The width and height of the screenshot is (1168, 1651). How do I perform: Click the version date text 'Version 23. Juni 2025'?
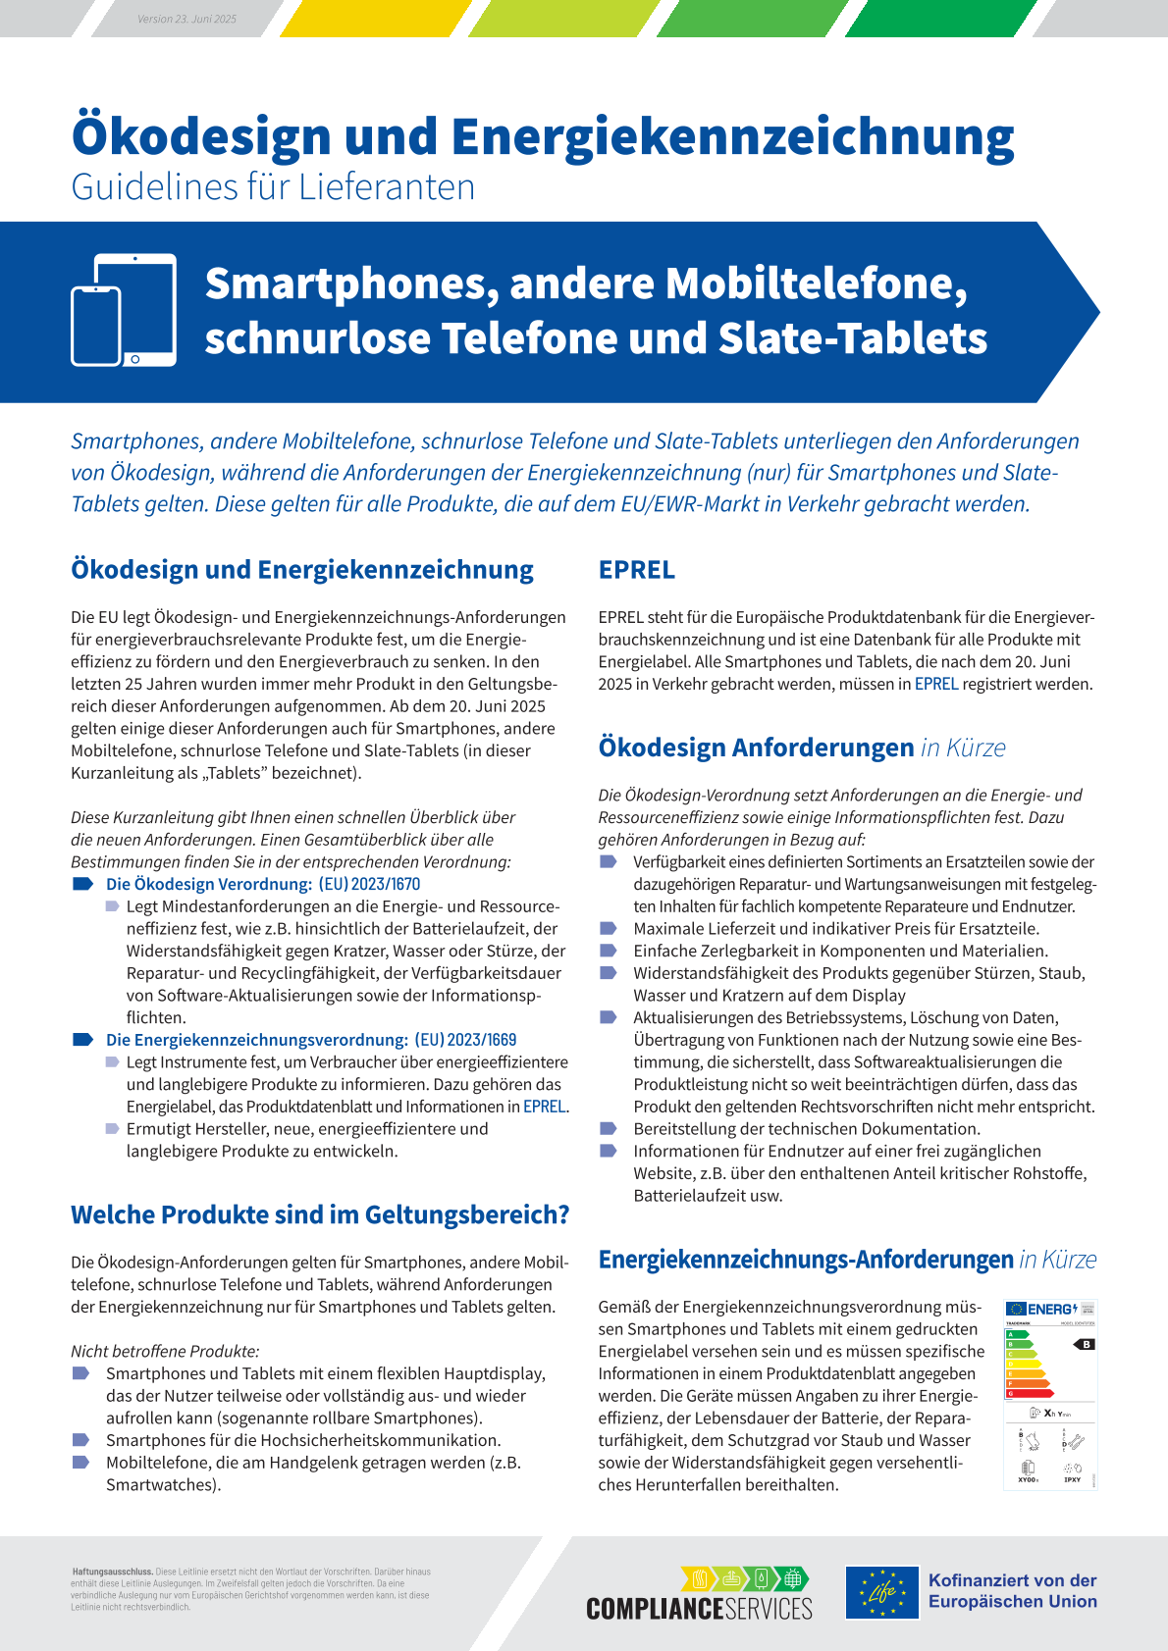(186, 19)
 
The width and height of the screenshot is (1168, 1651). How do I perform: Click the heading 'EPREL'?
(637, 570)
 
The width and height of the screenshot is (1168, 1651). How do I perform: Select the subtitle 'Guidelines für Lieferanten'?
(273, 187)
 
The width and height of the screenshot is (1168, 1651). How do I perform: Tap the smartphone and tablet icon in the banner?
(124, 310)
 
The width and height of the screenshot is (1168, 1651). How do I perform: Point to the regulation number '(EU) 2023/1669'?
(465, 1040)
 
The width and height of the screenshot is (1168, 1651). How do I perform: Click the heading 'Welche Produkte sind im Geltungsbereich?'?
(320, 1214)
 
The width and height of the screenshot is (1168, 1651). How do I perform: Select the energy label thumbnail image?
(1049, 1393)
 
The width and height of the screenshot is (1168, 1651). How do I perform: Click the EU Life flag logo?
(882, 1591)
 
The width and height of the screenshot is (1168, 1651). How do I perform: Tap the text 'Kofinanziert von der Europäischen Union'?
(1012, 1590)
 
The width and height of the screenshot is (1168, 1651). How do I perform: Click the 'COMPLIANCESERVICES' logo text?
(699, 1608)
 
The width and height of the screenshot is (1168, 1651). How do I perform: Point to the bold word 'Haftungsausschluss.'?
(112, 1572)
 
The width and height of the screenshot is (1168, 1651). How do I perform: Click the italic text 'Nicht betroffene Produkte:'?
(165, 1351)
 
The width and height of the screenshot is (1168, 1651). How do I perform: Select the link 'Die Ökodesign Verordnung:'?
(209, 884)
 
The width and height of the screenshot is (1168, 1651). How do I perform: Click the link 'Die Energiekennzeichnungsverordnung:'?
(257, 1040)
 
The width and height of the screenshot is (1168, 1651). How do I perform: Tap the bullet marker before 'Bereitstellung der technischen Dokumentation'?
(609, 1129)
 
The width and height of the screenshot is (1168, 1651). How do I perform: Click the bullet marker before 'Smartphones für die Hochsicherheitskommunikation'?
(81, 1440)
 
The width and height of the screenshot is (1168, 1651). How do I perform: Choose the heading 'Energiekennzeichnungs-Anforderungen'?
(805, 1260)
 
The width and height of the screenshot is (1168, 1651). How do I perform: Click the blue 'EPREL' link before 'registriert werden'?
(936, 684)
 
